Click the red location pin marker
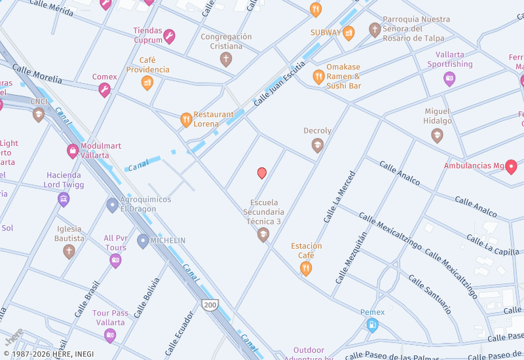(262, 173)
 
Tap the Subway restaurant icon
(348, 33)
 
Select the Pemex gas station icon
(372, 325)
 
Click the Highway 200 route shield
(210, 305)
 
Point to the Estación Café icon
(306, 268)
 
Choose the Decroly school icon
(318, 145)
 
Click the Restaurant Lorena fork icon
(187, 120)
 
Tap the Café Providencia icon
(147, 82)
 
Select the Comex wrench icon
(105, 90)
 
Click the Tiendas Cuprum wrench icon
(169, 36)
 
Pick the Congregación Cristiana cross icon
(226, 60)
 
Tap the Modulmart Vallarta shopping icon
(73, 152)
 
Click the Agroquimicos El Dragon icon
(113, 205)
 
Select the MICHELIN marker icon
(143, 241)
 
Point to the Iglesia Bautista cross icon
(69, 251)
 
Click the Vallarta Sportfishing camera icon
(449, 79)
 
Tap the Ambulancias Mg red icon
(511, 166)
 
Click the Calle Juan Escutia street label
(279, 84)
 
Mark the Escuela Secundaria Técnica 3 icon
(263, 234)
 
